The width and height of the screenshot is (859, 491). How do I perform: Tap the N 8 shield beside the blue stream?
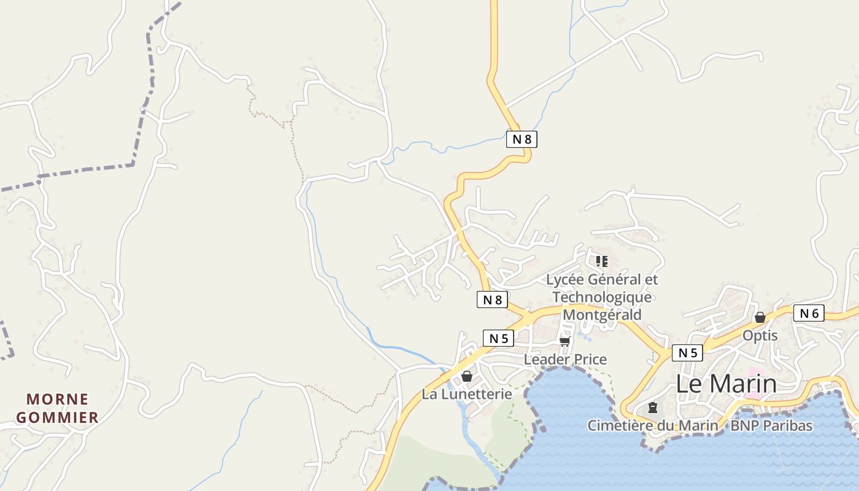click(522, 139)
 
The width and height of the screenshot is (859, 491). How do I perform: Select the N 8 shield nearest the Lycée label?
click(492, 300)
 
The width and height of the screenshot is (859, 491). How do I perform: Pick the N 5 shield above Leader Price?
click(498, 338)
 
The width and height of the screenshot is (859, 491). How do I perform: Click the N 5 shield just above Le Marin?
click(687, 353)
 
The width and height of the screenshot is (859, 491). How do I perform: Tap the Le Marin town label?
click(726, 384)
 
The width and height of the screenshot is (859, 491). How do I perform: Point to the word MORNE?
click(58, 400)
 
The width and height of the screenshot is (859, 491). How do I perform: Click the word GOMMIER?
click(58, 418)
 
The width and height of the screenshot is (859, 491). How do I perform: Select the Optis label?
click(760, 336)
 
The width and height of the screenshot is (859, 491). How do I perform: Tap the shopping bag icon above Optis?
click(760, 317)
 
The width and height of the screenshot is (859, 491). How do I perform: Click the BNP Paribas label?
click(771, 425)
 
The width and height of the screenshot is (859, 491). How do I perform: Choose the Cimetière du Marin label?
click(652, 425)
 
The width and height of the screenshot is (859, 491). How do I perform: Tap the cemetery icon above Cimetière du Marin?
click(652, 408)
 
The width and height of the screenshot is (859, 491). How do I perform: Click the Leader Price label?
click(565, 360)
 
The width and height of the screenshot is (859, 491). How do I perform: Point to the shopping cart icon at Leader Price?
click(564, 341)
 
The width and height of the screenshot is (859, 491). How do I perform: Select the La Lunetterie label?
click(466, 394)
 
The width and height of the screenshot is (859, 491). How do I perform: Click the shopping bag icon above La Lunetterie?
click(466, 376)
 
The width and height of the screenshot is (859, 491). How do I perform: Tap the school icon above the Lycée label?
click(602, 261)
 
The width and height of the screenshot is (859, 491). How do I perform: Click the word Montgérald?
click(602, 315)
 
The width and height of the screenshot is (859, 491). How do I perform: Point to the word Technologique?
click(602, 297)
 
